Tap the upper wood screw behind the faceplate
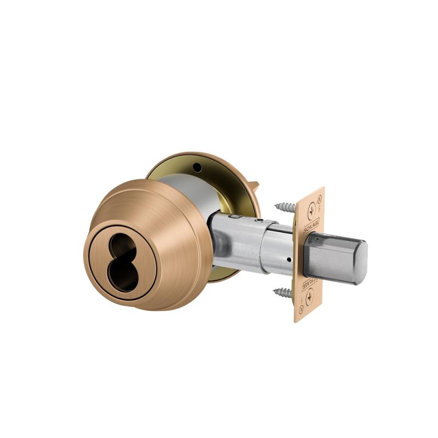coord(285,207)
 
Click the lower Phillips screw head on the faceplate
coord(310,299)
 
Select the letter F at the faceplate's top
coord(320,208)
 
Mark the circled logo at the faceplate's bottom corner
coord(302,309)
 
